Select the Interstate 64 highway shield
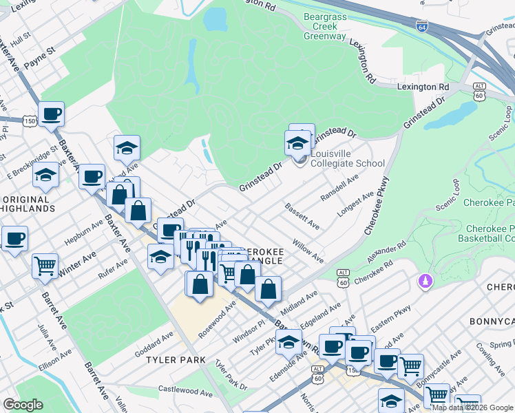pos(421,25)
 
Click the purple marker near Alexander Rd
pos(424,282)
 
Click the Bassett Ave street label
pos(303,215)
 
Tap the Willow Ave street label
pos(307,251)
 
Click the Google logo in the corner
pos(23,405)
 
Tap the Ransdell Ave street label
pos(341,187)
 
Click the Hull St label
pos(21,36)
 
